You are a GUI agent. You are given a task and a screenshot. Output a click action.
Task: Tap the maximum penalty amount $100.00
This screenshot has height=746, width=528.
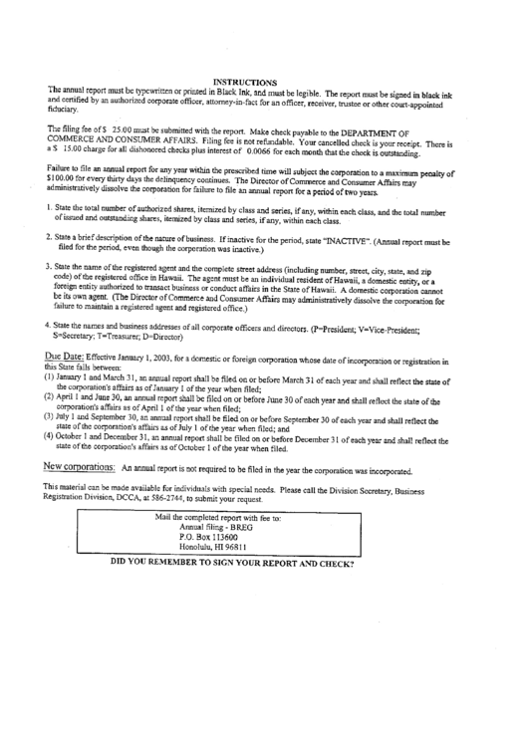tap(65, 181)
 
